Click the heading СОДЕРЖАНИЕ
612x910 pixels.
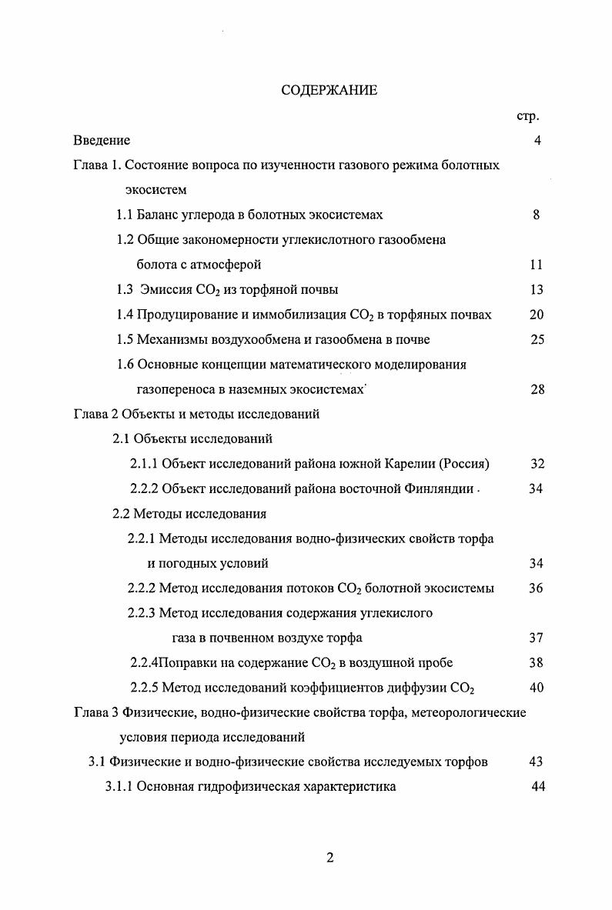click(329, 91)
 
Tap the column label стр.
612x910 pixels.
click(528, 116)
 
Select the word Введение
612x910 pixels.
click(102, 141)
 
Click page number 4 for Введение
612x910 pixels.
click(537, 141)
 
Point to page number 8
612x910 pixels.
click(536, 215)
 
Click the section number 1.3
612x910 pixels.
click(125, 290)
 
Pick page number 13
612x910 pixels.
click(537, 290)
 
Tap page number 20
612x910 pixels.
click(537, 315)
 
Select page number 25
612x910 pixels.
click(537, 339)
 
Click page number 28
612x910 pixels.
click(537, 389)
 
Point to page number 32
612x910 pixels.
click(537, 464)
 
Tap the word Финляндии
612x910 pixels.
click(438, 489)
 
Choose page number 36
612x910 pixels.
click(537, 588)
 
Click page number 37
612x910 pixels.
click(537, 638)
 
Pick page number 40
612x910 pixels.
click(537, 688)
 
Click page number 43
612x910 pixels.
click(537, 762)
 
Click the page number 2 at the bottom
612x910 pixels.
click(330, 858)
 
